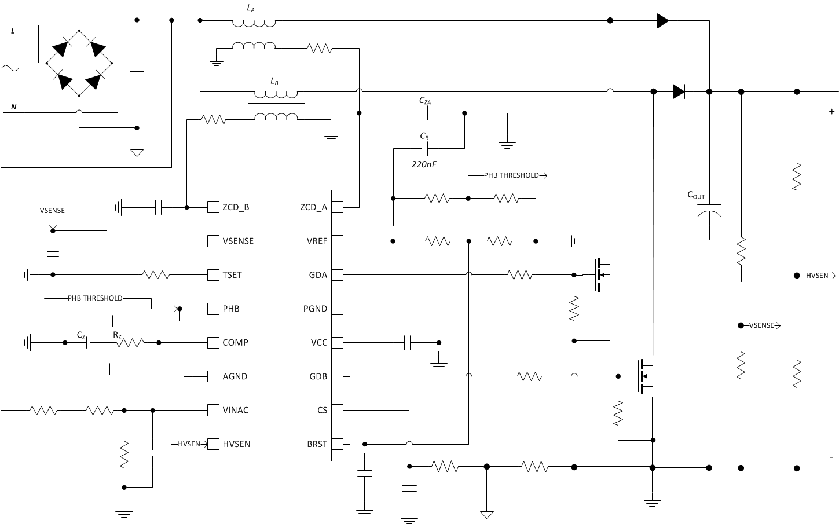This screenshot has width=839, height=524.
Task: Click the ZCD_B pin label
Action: [236, 207]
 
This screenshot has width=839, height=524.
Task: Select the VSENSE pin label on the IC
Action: [238, 241]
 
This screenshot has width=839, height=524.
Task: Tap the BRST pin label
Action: [317, 444]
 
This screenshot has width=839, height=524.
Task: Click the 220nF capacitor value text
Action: [424, 164]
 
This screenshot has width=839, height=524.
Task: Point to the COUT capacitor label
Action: [696, 196]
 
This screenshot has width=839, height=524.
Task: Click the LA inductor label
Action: [250, 8]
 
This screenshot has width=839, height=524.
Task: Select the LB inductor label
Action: [274, 82]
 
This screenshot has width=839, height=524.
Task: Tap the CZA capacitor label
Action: [425, 101]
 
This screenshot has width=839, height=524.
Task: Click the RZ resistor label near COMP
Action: [117, 334]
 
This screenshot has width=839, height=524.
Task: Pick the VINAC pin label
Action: [235, 410]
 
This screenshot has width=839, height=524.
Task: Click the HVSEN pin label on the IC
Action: [236, 444]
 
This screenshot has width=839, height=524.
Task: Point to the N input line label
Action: [14, 107]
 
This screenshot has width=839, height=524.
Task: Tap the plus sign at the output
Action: [831, 111]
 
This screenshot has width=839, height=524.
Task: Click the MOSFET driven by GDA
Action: [602, 274]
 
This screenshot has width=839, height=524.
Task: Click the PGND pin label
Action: [315, 309]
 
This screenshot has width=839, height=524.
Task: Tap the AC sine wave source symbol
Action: [10, 68]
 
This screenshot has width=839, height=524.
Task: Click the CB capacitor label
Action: [424, 137]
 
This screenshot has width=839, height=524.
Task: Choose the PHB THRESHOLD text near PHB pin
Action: [95, 298]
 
